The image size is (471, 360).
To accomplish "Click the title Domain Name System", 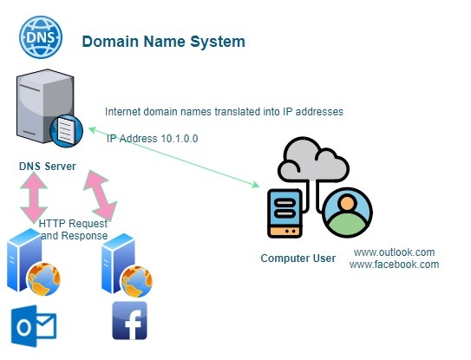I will click(x=163, y=42).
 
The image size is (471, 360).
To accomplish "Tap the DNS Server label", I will click(x=48, y=166).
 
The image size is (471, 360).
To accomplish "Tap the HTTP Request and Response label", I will click(x=74, y=230).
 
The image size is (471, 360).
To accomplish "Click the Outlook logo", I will click(x=33, y=326).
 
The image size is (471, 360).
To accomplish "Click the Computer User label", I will click(x=298, y=259).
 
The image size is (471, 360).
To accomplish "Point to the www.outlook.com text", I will click(x=394, y=252).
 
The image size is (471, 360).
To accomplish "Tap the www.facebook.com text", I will click(x=394, y=265).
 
